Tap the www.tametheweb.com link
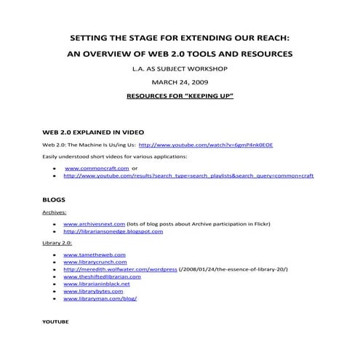(x=95, y=255)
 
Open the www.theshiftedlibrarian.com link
(x=102, y=276)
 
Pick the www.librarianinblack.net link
(x=100, y=284)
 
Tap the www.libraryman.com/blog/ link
(x=100, y=299)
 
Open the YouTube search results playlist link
(x=188, y=175)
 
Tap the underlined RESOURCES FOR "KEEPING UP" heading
(x=180, y=95)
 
